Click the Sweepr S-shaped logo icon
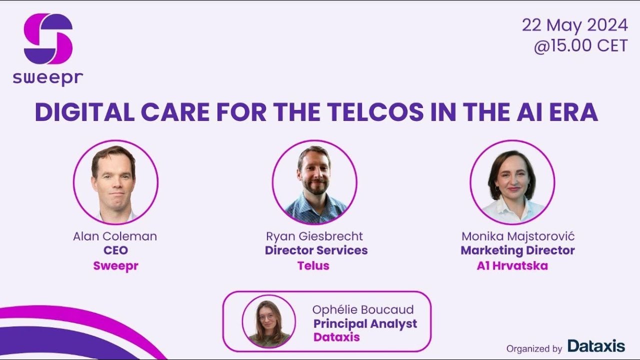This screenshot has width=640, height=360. (48, 38)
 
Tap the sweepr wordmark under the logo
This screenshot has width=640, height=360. (48, 78)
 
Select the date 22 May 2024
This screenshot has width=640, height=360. (574, 25)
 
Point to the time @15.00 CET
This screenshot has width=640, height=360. (580, 46)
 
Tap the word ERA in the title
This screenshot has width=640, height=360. (575, 113)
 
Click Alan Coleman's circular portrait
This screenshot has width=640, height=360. (115, 182)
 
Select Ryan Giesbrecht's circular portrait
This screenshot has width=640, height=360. (314, 182)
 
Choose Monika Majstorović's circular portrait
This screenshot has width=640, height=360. (512, 182)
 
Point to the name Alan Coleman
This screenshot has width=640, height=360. (115, 236)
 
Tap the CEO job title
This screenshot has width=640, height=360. (115, 250)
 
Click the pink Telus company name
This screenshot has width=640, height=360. (313, 265)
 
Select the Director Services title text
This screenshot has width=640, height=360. (316, 250)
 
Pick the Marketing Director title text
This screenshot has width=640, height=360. (517, 250)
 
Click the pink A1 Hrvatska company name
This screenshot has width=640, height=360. (512, 265)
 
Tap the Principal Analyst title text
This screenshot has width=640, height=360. (365, 323)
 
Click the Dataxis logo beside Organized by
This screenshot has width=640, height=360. (596, 346)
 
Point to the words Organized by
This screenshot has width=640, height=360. (534, 348)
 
